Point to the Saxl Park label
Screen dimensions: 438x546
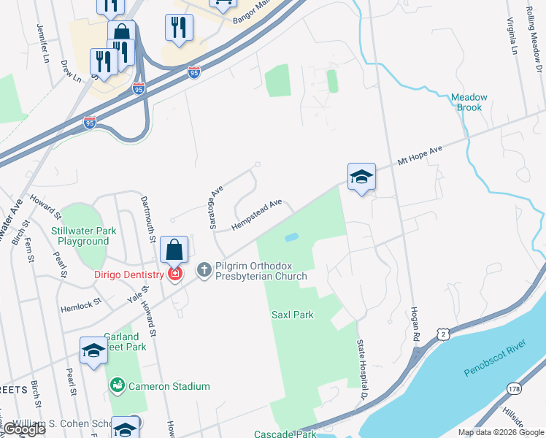(292, 315)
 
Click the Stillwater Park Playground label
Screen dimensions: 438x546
(85, 236)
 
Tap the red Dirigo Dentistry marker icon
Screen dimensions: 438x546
(174, 274)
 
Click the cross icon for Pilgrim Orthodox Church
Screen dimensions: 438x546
(204, 270)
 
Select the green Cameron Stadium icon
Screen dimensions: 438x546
(116, 386)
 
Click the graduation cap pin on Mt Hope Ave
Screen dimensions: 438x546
(361, 177)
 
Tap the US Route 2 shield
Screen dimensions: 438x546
(443, 334)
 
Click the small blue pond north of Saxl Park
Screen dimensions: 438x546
(291, 237)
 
